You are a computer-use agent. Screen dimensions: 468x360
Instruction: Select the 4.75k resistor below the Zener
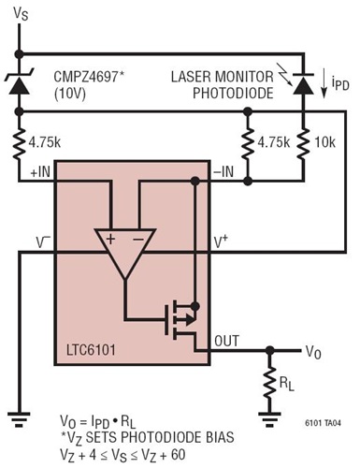pyautogui.click(x=20, y=141)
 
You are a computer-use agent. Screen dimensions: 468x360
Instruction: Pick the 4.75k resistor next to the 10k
pyautogui.click(x=247, y=141)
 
